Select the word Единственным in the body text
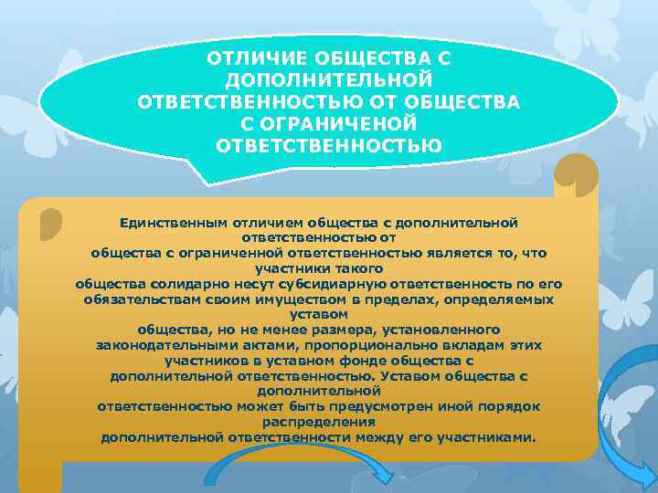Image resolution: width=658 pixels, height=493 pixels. (x=165, y=223)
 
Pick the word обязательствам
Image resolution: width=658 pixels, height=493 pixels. (x=136, y=299)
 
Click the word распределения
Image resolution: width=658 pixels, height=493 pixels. (x=319, y=422)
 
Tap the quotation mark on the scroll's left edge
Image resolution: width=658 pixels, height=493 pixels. (x=52, y=226)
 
